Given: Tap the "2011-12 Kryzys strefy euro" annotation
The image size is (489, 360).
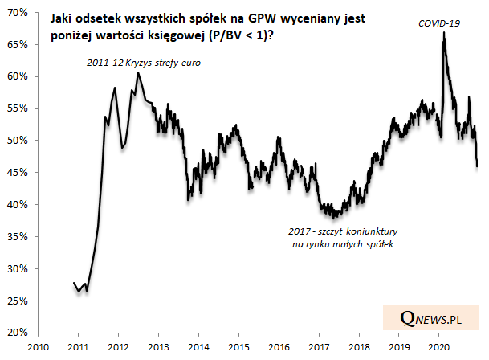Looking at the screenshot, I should (145, 62).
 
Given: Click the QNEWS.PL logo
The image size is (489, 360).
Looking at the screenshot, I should (430, 318).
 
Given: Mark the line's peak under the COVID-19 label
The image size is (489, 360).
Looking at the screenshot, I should (443, 33).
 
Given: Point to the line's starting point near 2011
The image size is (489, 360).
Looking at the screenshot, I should (73, 283).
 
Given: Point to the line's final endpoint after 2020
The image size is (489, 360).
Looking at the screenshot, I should (477, 166).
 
